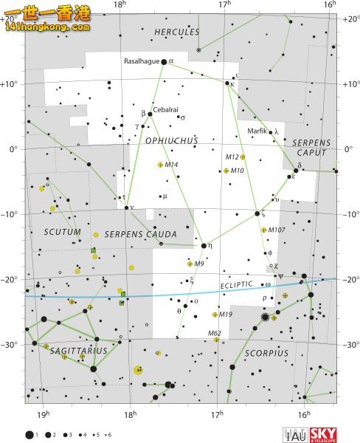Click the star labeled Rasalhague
tap(164, 62)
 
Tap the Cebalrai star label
tap(166, 109)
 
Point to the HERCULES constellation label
tap(176, 32)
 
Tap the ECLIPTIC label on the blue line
tap(236, 285)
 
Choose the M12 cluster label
tap(232, 157)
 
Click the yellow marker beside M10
tap(226, 171)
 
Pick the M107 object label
tap(277, 230)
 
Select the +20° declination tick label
tap(349, 18)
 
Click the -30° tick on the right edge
tap(349, 344)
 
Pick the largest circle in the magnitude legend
tap(30, 435)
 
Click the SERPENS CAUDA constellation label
tap(131, 235)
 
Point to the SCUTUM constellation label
tap(59, 231)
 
